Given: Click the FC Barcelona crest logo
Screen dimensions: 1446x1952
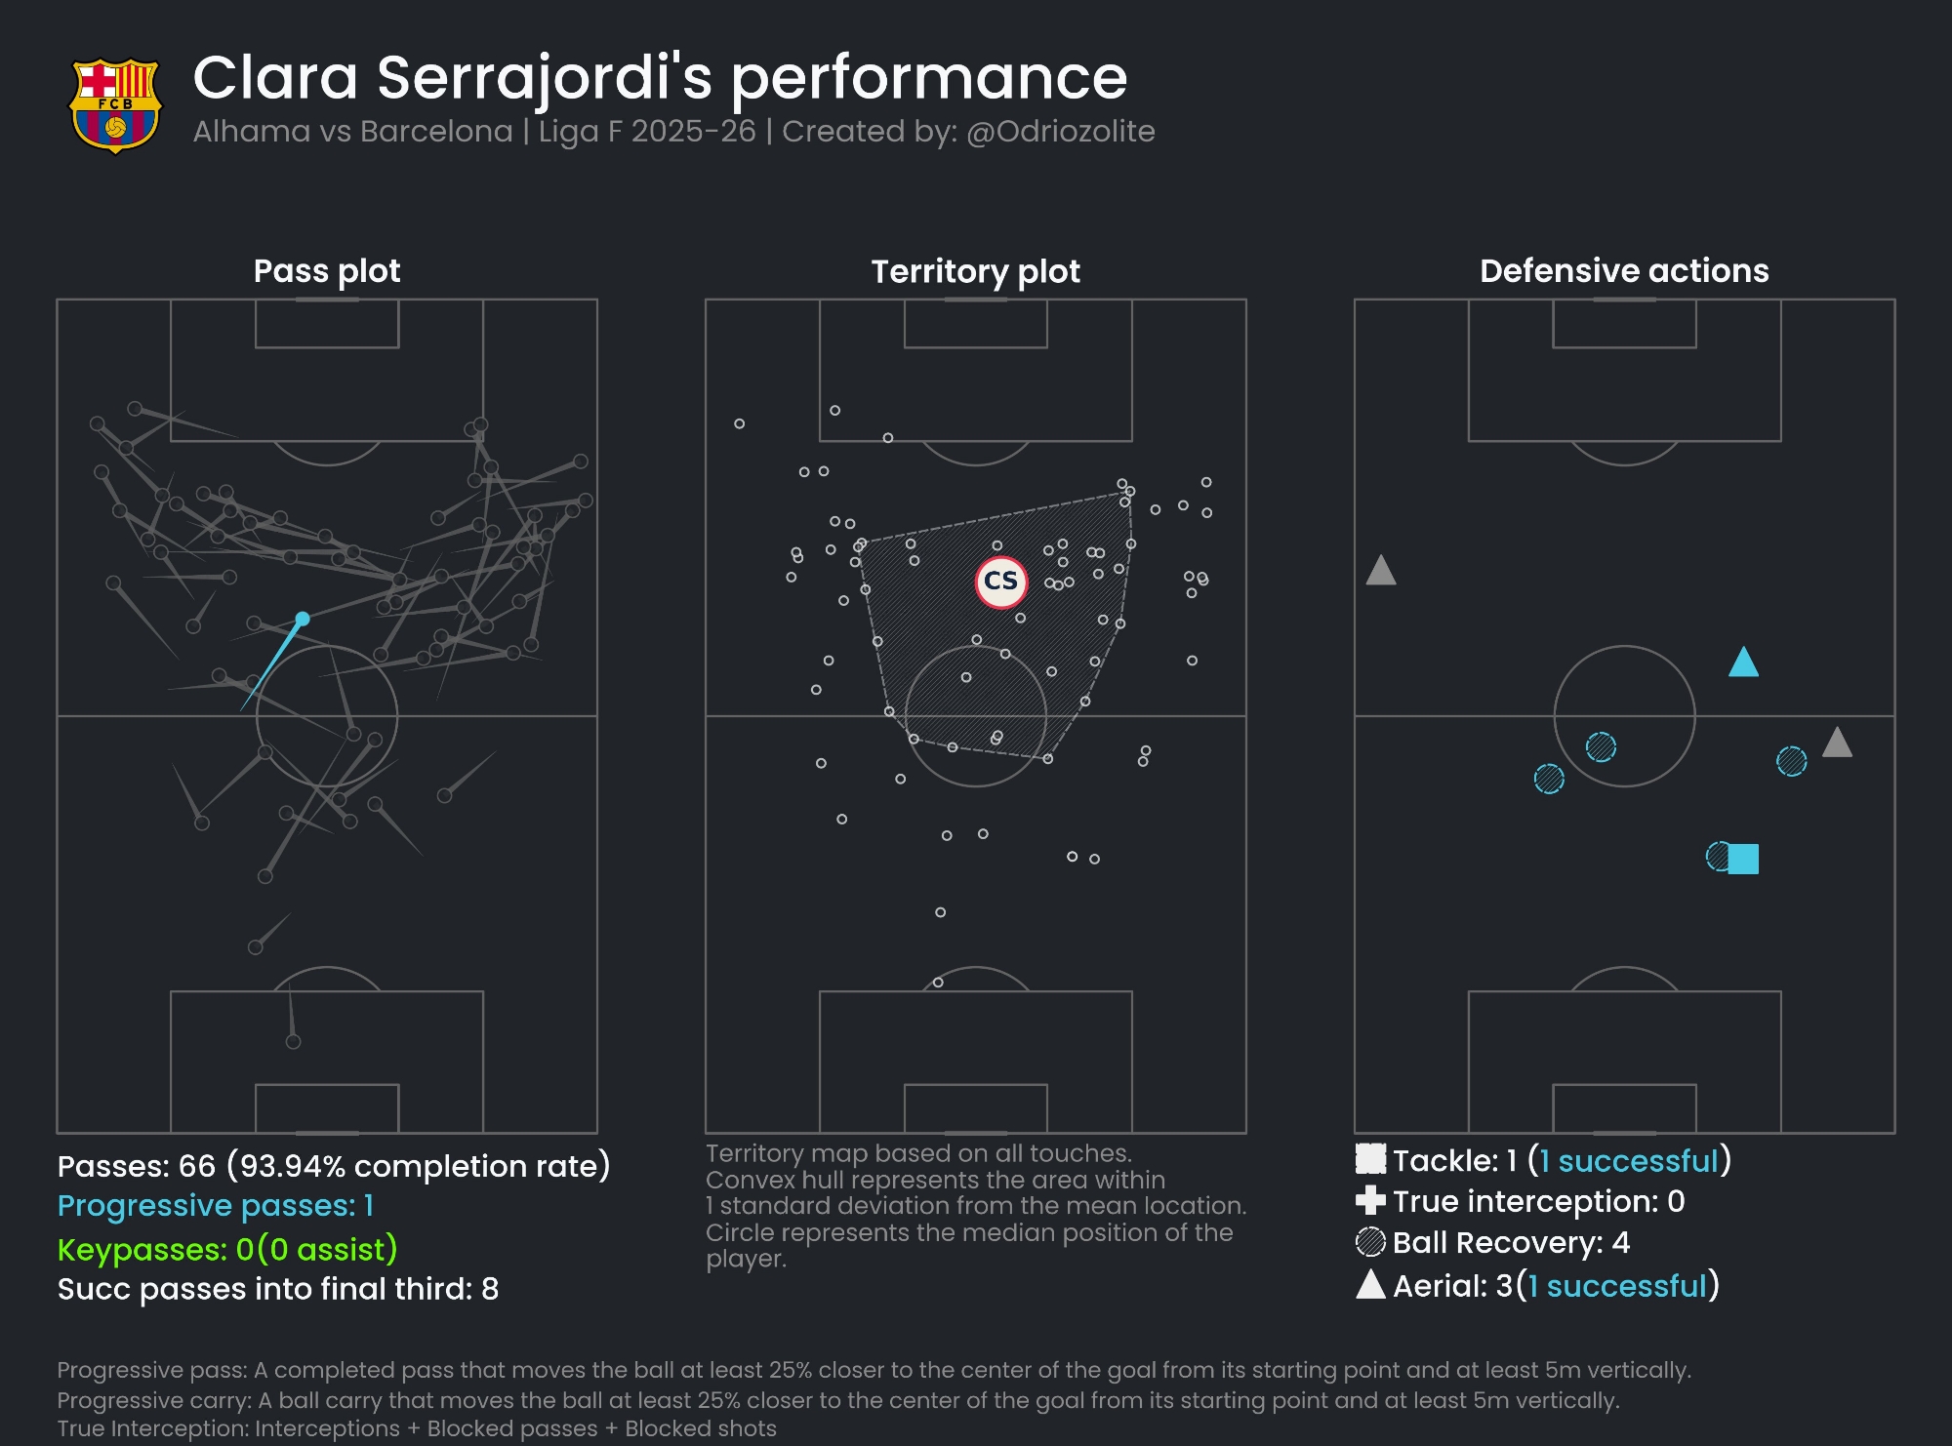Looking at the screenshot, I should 115,105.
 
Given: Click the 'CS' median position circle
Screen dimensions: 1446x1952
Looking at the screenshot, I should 1000,582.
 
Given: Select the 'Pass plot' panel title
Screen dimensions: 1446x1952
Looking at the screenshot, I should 327,270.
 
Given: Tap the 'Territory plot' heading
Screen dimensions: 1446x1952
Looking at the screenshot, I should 975,270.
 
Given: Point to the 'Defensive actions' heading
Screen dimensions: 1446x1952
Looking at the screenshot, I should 1624,270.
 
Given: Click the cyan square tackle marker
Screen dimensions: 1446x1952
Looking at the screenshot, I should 1743,859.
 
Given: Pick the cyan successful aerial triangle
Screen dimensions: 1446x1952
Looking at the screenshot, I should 1743,663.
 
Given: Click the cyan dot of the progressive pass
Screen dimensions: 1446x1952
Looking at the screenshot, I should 303,619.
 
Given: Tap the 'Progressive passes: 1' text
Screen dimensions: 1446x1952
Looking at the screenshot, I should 216,1206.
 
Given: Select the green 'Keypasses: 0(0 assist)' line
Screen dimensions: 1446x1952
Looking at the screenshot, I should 227,1249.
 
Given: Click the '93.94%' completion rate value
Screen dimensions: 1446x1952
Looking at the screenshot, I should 290,1166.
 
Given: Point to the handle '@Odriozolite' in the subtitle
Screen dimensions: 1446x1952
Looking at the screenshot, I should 1061,132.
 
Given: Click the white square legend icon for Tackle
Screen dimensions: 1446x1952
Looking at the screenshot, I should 1370,1159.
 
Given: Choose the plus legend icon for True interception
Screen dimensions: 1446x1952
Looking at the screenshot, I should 1370,1201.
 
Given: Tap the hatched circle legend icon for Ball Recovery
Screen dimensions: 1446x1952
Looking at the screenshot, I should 1370,1242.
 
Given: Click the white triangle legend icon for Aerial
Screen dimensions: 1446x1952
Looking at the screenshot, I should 1370,1285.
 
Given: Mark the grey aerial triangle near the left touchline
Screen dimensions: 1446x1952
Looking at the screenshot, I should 1381,571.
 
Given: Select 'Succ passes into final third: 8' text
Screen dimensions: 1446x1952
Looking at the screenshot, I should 278,1289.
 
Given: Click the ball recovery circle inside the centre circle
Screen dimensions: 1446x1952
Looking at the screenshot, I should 1601,746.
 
